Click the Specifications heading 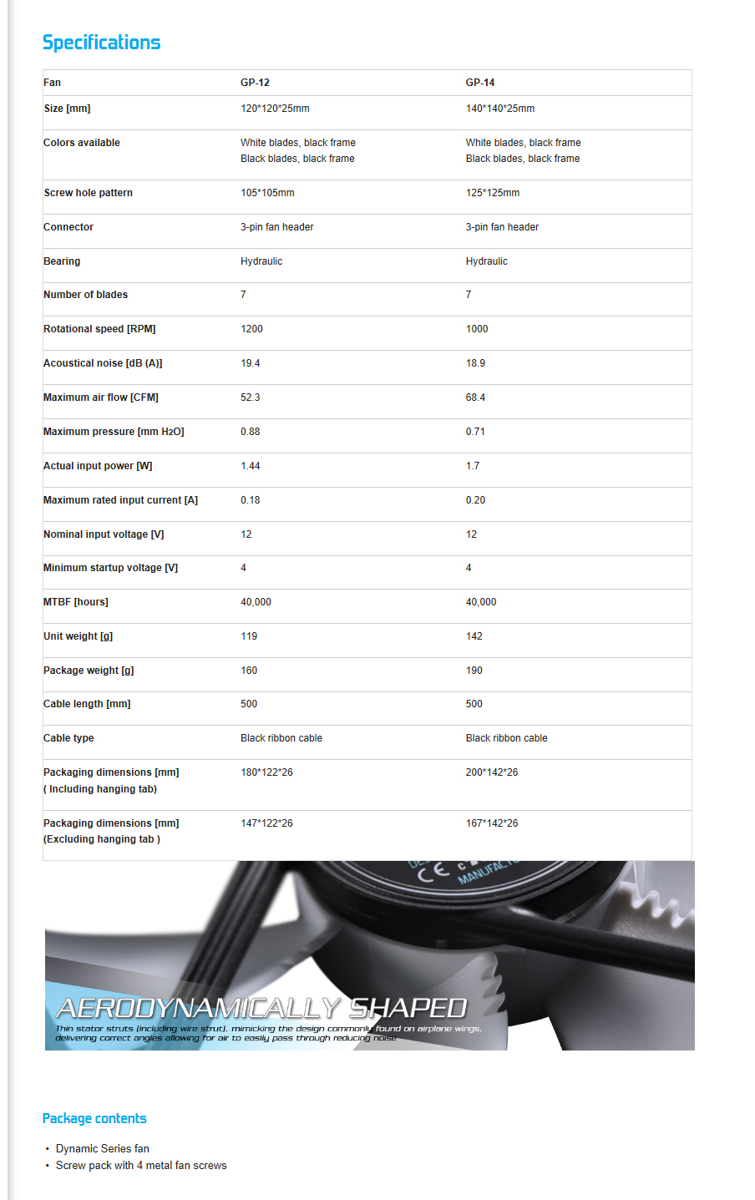[x=101, y=43]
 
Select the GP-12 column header [x=255, y=83]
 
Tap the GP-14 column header [x=480, y=83]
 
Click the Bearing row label [x=62, y=261]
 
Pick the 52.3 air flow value [x=250, y=397]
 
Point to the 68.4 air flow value [x=475, y=397]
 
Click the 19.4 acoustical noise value [x=250, y=363]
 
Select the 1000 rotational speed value [x=477, y=329]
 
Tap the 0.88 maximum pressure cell [x=250, y=432]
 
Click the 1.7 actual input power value [x=473, y=466]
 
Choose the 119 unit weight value [x=249, y=636]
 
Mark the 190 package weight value [x=474, y=671]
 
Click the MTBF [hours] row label [x=76, y=602]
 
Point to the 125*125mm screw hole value [x=493, y=193]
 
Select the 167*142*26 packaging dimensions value [x=492, y=823]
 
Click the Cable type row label [x=68, y=738]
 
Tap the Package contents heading [x=94, y=1119]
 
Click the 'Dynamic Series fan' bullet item [x=102, y=1149]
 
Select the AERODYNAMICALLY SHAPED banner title [x=261, y=1009]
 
